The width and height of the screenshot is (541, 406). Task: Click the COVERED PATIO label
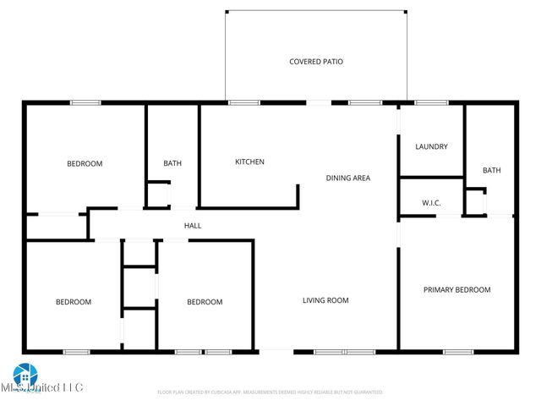316,62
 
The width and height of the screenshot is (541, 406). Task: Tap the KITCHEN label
249,162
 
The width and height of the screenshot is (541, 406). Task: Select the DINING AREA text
348,178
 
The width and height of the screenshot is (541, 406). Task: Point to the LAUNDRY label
431,146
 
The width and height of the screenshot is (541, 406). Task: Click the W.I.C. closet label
431,203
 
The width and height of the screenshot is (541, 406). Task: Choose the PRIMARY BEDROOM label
456,290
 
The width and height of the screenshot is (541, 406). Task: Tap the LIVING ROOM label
326,300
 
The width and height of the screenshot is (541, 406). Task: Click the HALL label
193,226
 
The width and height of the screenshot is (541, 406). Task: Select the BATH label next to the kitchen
172,163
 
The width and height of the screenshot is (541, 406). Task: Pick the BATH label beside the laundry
491,170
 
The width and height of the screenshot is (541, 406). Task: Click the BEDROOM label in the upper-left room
85,163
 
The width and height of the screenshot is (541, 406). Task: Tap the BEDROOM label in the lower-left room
74,302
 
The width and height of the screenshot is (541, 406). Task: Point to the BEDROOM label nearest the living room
205,302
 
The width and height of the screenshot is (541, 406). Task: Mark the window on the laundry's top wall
431,103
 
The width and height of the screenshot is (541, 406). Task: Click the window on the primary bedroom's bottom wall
457,351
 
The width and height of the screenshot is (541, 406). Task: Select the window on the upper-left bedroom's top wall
85,103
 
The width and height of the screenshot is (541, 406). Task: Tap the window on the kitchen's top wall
243,103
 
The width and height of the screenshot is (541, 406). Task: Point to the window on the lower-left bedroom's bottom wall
77,351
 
